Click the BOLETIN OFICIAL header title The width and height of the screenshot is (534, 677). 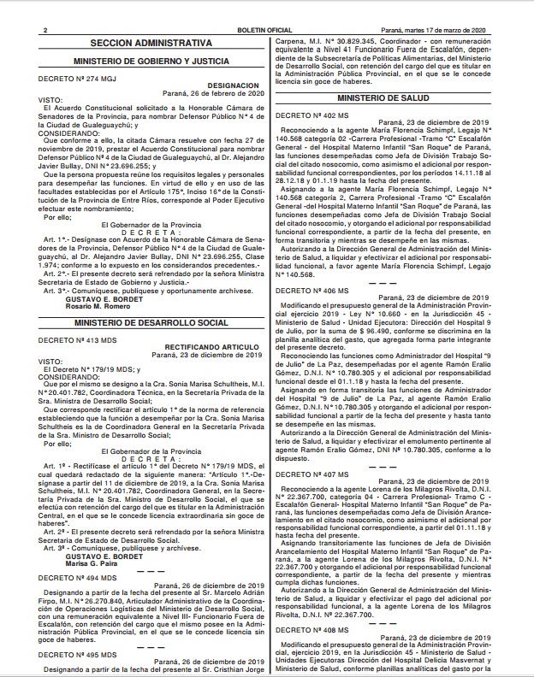point(266,30)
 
